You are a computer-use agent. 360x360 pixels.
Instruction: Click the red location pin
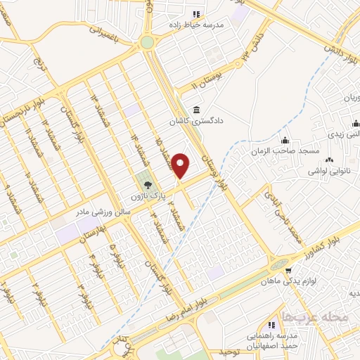(181, 166)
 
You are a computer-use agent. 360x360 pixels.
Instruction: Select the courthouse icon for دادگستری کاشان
(195, 110)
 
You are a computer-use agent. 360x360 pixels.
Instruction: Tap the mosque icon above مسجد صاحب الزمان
(285, 139)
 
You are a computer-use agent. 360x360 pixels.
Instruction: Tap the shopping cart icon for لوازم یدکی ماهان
(287, 268)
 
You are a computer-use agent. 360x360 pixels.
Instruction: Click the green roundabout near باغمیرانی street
(147, 42)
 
